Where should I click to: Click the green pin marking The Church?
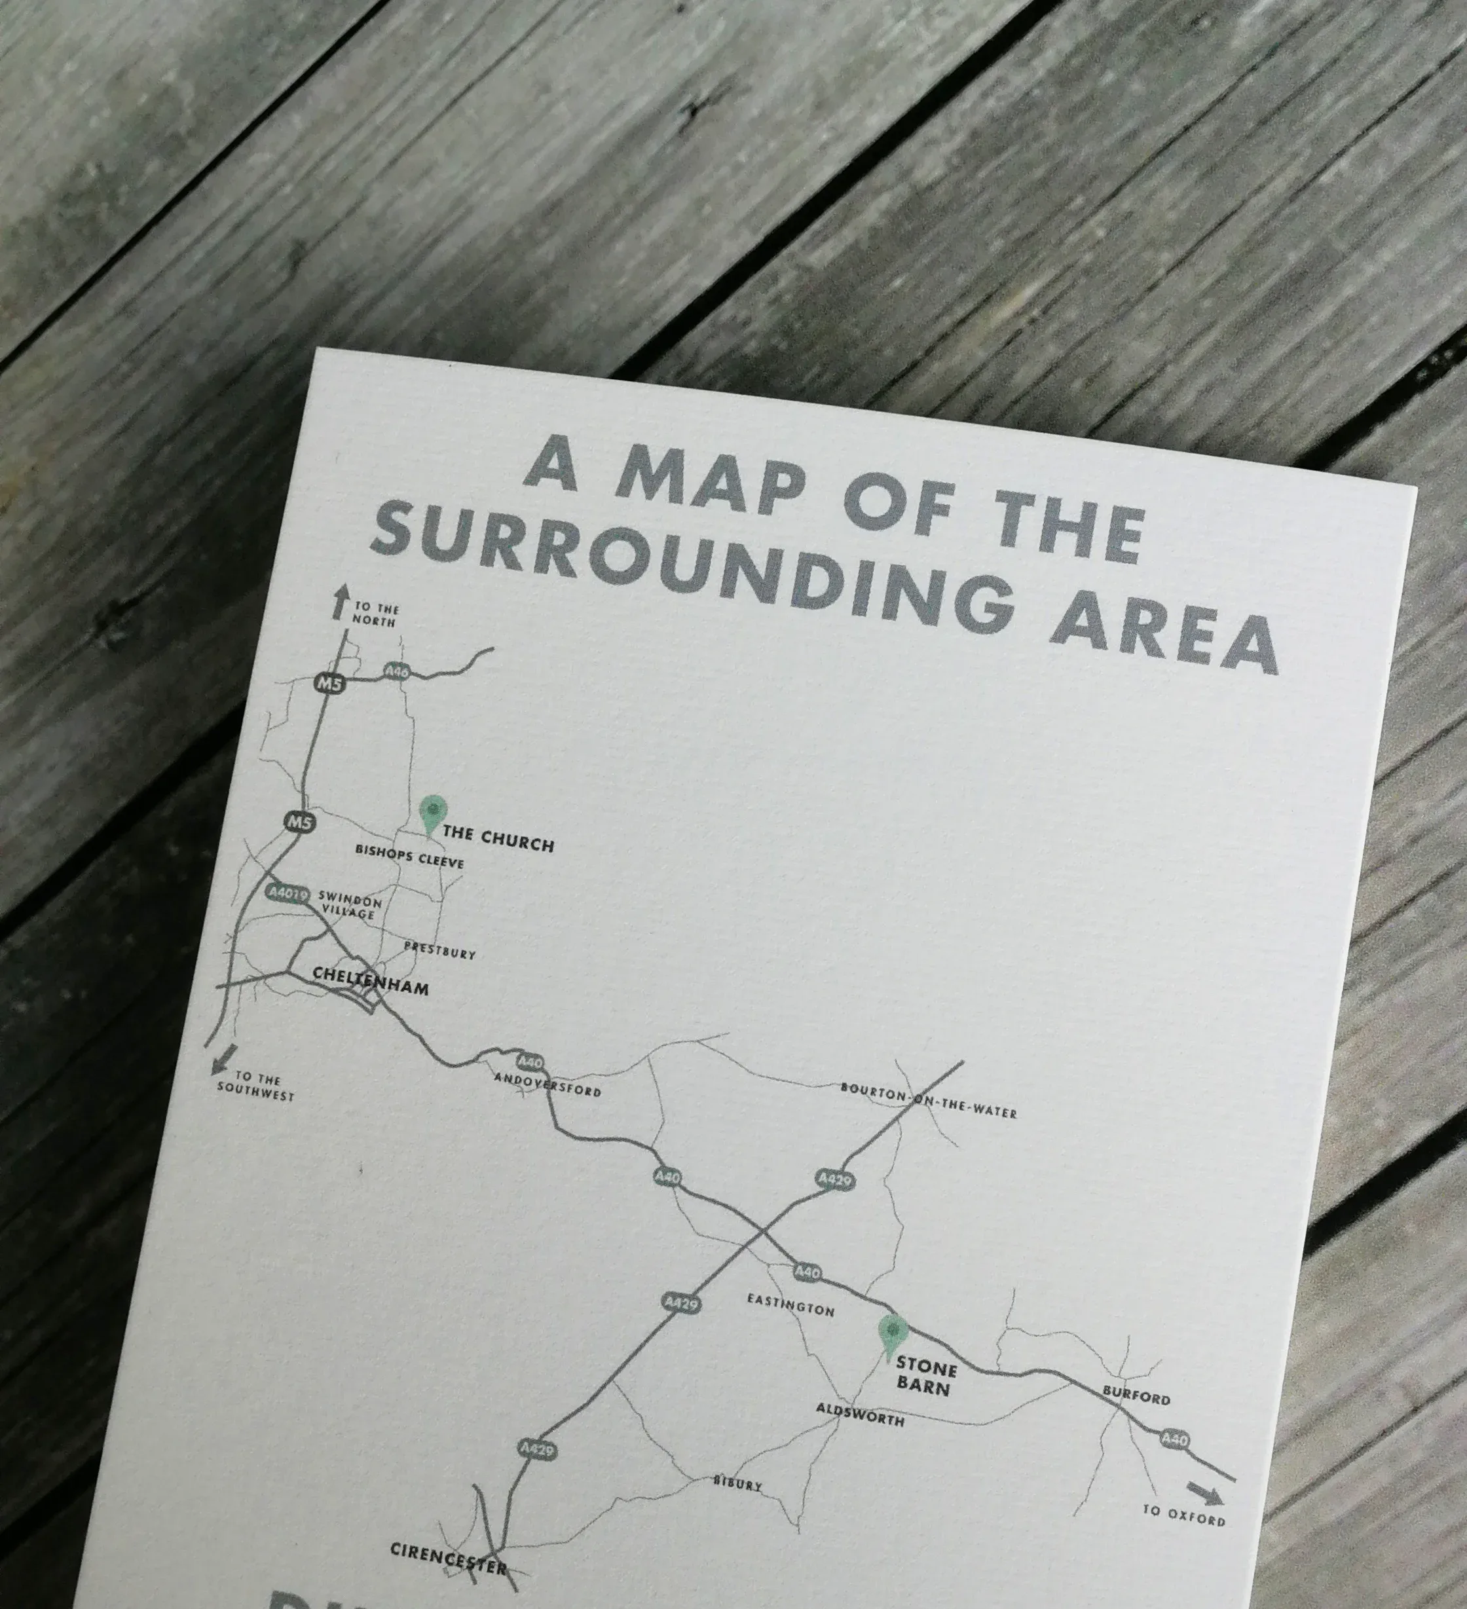[432, 811]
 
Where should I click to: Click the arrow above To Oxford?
[1204, 1492]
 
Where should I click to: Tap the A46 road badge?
[397, 671]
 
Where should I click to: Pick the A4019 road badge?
[287, 893]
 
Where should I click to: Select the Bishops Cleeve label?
[409, 857]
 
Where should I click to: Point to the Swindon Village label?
[350, 905]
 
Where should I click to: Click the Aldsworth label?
[860, 1415]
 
